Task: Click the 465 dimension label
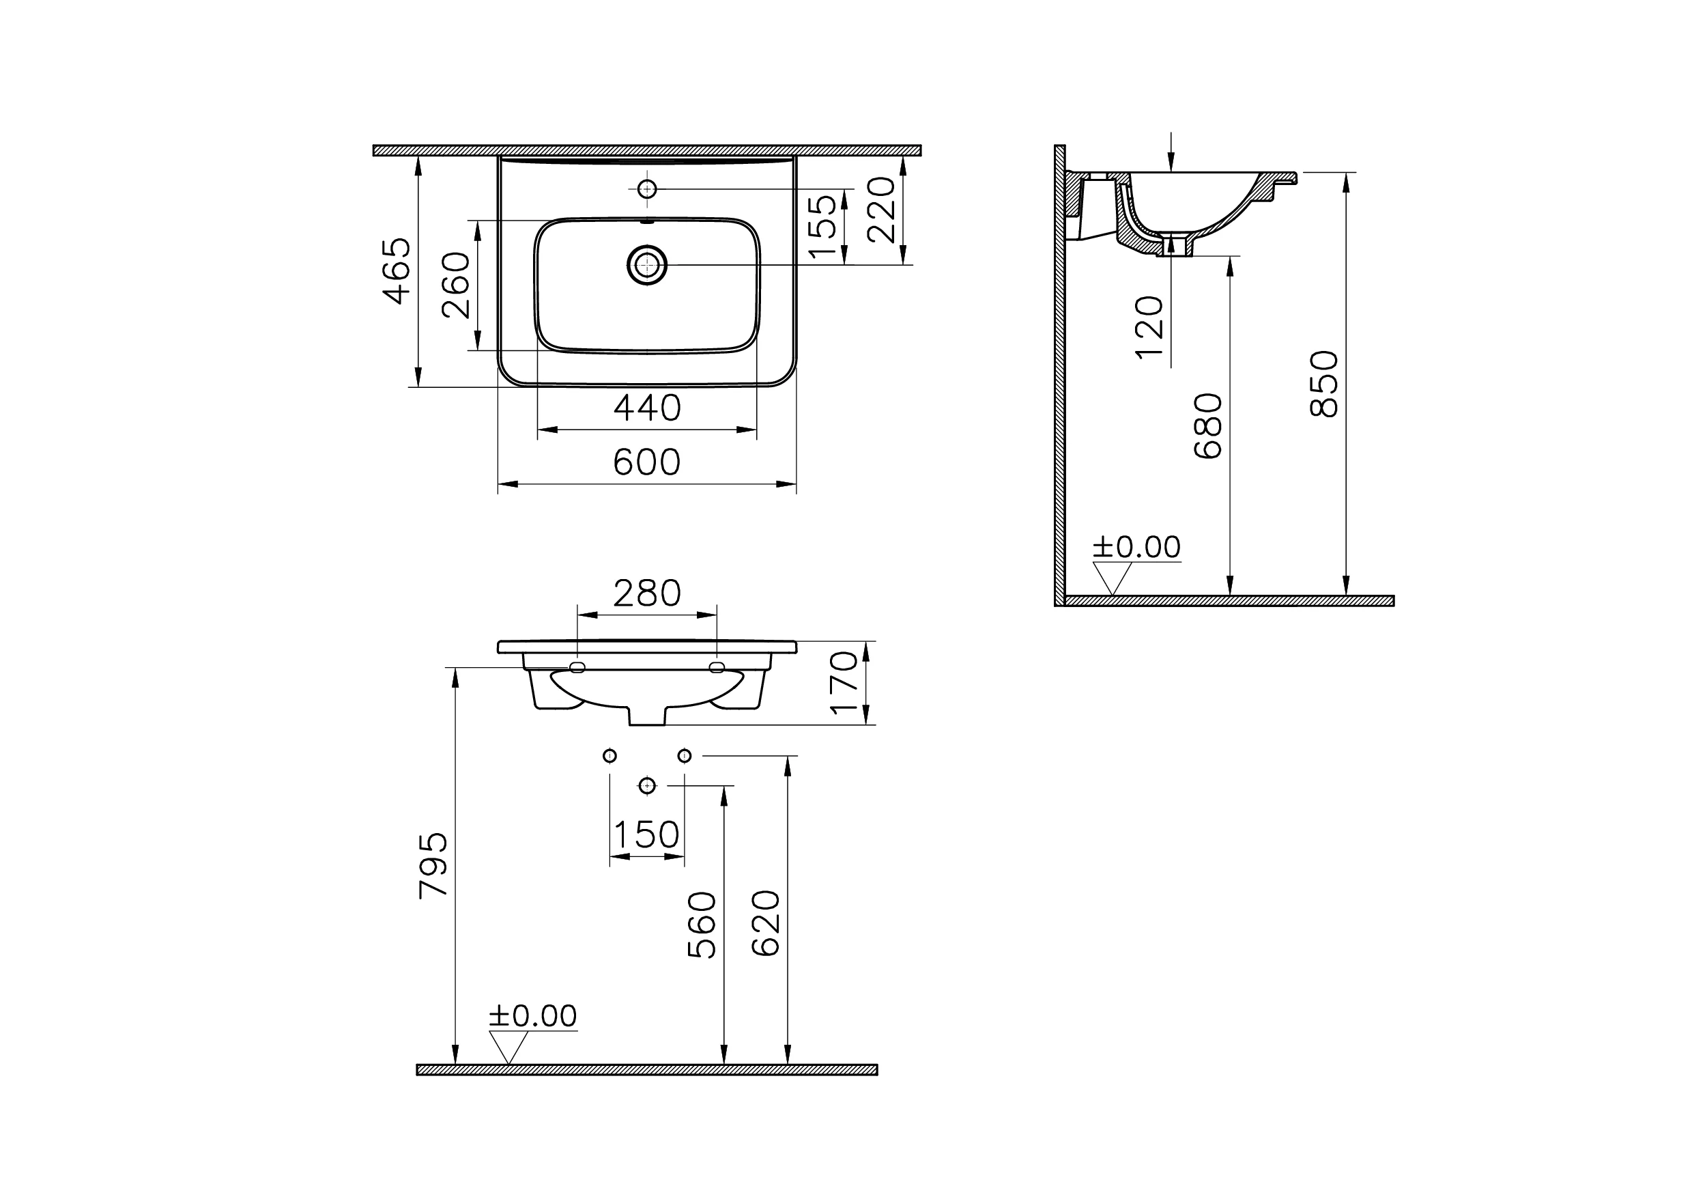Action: point(397,270)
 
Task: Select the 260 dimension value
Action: point(456,285)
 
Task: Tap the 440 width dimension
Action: point(647,408)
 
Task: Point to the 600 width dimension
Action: point(647,463)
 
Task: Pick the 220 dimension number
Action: point(881,210)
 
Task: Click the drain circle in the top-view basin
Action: point(647,265)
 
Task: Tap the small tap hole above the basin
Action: point(647,188)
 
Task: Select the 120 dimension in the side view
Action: point(1149,327)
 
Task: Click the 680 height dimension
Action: point(1208,426)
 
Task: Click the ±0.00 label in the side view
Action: point(1136,547)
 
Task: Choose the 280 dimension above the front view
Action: point(647,593)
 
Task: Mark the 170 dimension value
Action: point(844,683)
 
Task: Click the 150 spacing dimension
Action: point(646,835)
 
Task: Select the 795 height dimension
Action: point(433,865)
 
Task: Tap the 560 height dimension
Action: point(702,925)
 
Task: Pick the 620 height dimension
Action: point(766,924)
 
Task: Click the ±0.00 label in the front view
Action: point(533,1016)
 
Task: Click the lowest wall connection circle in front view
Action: point(647,785)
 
